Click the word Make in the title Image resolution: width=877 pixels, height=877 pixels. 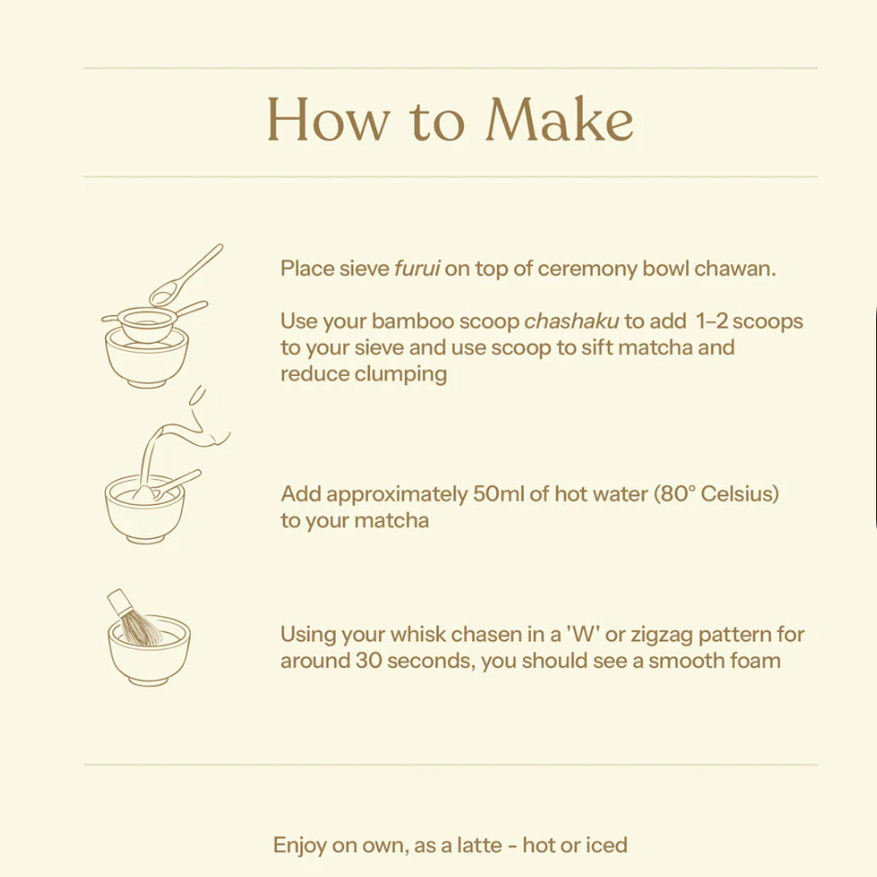click(560, 119)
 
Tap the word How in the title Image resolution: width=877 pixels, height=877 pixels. click(327, 120)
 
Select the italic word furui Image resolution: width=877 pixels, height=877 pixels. click(417, 268)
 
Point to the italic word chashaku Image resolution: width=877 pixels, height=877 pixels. click(572, 321)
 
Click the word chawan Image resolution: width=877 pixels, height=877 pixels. click(735, 268)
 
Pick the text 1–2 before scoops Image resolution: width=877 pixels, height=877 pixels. click(711, 321)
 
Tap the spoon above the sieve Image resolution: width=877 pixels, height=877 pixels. click(184, 275)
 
